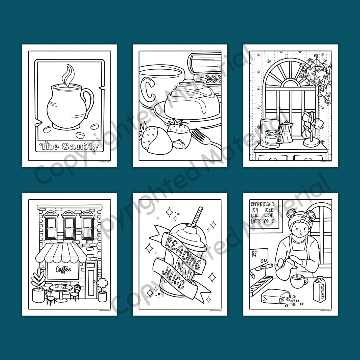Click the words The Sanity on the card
pyautogui.click(x=69, y=146)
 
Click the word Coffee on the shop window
pyautogui.click(x=63, y=270)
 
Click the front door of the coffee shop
pyautogui.click(x=90, y=280)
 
